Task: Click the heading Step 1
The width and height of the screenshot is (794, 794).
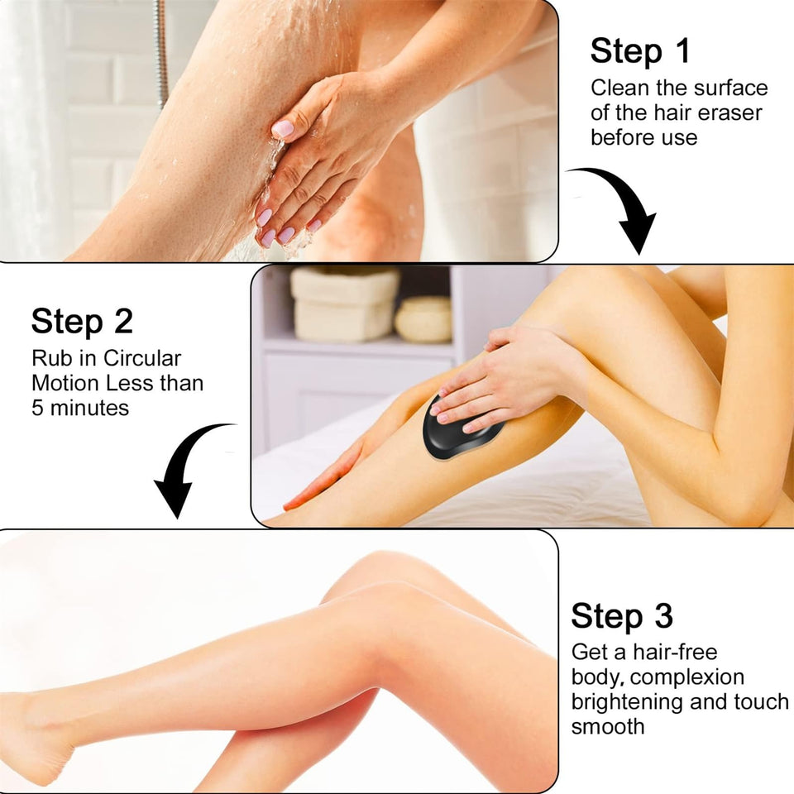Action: coord(639,51)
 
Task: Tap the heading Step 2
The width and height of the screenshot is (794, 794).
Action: coord(82,322)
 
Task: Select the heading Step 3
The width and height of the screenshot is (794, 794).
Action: coord(622,616)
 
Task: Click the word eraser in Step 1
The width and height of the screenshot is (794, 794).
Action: coord(725,112)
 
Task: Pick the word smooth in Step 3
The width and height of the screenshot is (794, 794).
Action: coord(608,726)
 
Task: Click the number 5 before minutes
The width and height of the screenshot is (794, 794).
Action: coord(38,408)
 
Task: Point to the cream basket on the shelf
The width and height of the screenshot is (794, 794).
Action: coord(343,304)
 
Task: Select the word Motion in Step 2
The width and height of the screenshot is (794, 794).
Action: coord(66,384)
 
